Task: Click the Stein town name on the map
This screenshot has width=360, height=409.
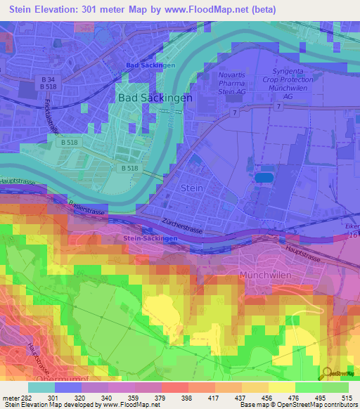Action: click(x=192, y=188)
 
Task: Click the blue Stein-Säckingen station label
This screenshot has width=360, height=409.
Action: click(x=149, y=239)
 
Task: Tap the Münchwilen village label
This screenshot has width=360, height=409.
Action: click(x=266, y=275)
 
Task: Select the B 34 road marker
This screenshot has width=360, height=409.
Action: click(x=48, y=80)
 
